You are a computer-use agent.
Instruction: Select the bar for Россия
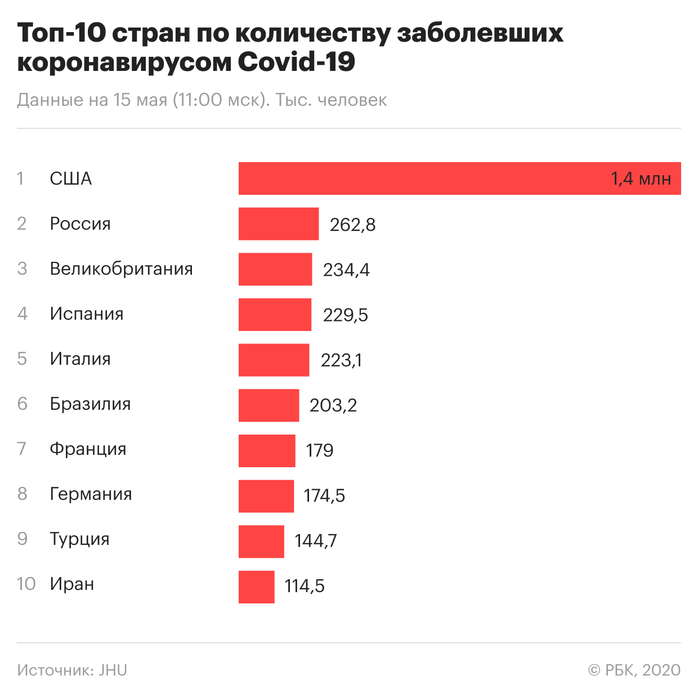pyautogui.click(x=279, y=224)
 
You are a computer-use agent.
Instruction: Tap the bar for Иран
pyautogui.click(x=257, y=587)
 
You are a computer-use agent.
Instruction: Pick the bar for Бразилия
pyautogui.click(x=269, y=405)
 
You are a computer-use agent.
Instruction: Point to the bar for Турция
pyautogui.click(x=261, y=542)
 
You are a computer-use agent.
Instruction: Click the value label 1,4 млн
pyautogui.click(x=641, y=179)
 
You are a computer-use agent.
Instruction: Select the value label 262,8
pyautogui.click(x=352, y=225)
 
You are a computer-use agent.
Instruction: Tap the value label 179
pyautogui.click(x=320, y=450)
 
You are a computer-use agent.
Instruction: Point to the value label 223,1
pyautogui.click(x=341, y=360)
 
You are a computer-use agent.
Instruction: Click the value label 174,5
pyautogui.click(x=324, y=496)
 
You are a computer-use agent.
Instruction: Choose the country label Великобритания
pyautogui.click(x=121, y=269)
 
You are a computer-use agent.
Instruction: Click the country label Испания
pyautogui.click(x=87, y=314)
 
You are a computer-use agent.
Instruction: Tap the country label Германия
pyautogui.click(x=91, y=494)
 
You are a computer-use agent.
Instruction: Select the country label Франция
pyautogui.click(x=88, y=449)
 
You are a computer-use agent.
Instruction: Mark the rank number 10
pyautogui.click(x=26, y=584)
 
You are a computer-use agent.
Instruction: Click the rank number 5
pyautogui.click(x=22, y=359)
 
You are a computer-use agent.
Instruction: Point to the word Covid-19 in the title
pyautogui.click(x=297, y=62)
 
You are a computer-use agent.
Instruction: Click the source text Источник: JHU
pyautogui.click(x=72, y=670)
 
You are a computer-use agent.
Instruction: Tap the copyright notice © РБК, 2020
pyautogui.click(x=634, y=670)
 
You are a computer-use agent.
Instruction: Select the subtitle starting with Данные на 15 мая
pyautogui.click(x=202, y=100)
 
